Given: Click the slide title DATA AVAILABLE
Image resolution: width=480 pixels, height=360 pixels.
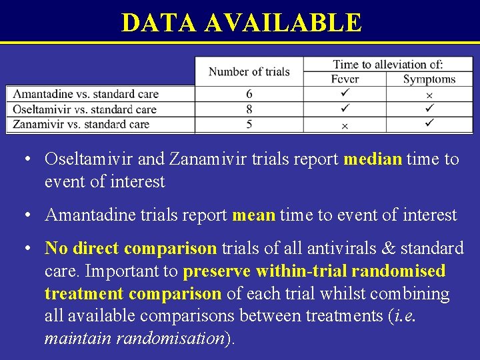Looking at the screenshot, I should tap(241, 23).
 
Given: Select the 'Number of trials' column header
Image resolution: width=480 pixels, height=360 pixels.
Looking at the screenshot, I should tap(249, 72).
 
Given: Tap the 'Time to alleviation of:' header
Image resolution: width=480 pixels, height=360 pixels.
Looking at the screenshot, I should tap(388, 65).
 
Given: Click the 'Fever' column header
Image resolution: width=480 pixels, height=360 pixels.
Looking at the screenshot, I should tap(345, 79).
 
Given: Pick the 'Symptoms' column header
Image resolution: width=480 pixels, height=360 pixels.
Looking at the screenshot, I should tap(429, 79).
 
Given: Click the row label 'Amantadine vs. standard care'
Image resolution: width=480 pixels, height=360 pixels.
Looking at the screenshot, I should tap(86, 95).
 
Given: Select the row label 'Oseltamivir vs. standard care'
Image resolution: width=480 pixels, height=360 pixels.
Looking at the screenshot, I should tap(85, 109).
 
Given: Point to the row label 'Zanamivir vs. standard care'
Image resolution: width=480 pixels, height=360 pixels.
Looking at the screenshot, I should tap(81, 124).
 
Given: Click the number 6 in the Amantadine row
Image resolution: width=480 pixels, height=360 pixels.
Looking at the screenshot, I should tap(249, 95).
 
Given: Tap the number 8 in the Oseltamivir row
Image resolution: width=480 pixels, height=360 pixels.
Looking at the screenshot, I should tap(249, 109).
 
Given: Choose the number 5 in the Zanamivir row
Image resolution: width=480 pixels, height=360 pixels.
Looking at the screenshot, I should tap(249, 124).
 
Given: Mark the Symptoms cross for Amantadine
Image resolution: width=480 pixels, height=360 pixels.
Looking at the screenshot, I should tap(429, 95).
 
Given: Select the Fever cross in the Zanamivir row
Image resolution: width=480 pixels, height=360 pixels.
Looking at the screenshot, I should tap(345, 125).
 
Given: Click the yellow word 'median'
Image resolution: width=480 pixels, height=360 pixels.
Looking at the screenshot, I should tap(373, 159).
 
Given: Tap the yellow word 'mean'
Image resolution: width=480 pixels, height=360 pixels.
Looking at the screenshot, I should tap(253, 215).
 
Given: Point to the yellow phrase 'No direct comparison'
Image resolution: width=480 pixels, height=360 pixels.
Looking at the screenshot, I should tap(131, 249).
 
